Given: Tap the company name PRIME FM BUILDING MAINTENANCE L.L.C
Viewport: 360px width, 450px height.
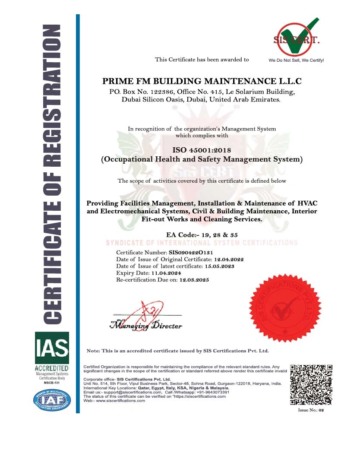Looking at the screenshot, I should coord(202,81).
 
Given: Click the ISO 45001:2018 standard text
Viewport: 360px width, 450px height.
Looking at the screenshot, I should coord(202,150).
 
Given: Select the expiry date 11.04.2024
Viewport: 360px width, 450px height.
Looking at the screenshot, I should coord(166,273).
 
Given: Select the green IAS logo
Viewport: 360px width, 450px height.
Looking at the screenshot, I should coord(52,347).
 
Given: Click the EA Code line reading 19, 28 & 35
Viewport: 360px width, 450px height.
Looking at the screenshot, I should coord(202,235).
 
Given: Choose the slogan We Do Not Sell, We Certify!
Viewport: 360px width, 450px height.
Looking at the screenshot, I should coord(296,60).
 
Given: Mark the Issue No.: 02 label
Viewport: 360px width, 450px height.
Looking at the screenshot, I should coord(311,410).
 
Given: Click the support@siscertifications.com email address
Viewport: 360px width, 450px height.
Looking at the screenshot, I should coord(131,392).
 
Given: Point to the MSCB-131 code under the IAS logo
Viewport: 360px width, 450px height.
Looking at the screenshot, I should coord(52,383).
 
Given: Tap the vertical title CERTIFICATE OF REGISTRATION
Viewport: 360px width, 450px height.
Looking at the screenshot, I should coord(51,173).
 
